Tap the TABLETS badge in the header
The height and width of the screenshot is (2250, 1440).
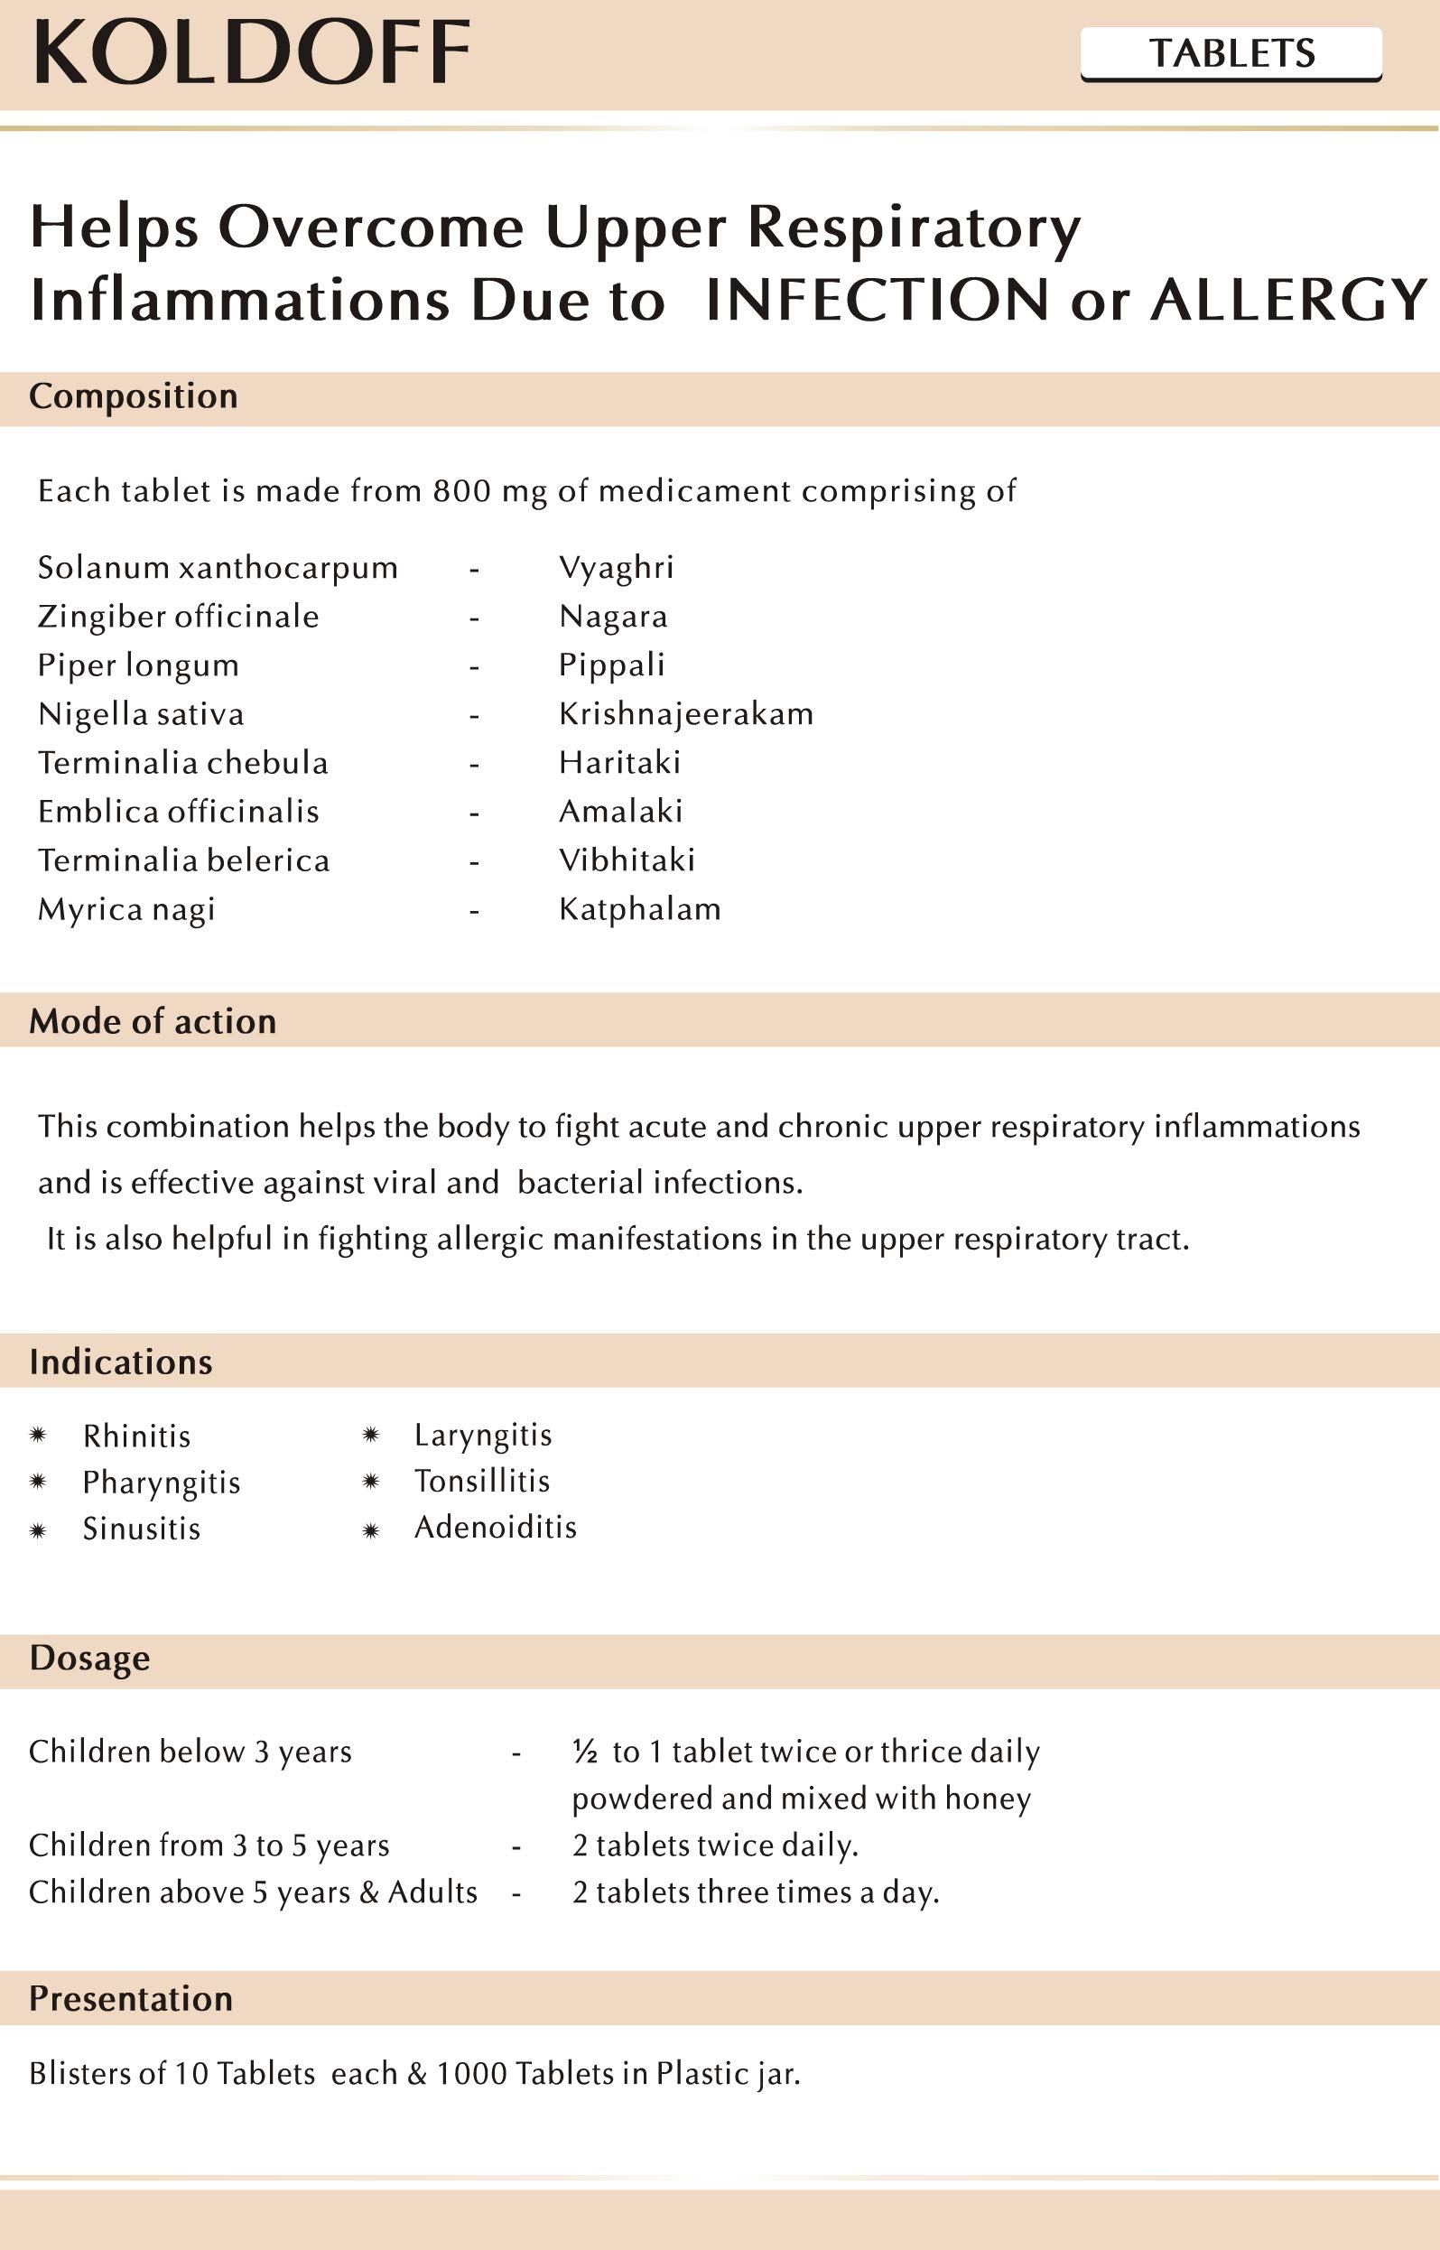tap(1231, 53)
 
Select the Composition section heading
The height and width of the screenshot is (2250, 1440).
tap(134, 396)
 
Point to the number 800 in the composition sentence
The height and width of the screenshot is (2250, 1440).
tap(461, 491)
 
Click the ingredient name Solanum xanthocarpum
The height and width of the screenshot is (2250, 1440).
tap(218, 568)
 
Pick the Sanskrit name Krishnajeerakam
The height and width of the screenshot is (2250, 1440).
tap(685, 714)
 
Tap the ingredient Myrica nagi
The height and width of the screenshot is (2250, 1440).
tap(126, 909)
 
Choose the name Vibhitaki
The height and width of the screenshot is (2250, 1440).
tap(627, 860)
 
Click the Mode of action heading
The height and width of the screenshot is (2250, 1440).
tap(153, 1021)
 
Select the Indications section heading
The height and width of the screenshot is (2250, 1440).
tap(121, 1362)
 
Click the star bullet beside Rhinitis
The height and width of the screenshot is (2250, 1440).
tap(38, 1435)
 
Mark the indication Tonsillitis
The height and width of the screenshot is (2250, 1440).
tap(481, 1482)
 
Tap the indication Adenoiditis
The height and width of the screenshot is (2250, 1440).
tap(495, 1527)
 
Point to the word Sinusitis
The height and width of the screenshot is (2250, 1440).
tap(141, 1529)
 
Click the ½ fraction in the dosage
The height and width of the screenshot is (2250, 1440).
tap(584, 1752)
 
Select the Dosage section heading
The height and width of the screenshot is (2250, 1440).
tap(89, 1658)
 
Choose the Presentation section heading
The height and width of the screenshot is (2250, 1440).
tap(131, 1998)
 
